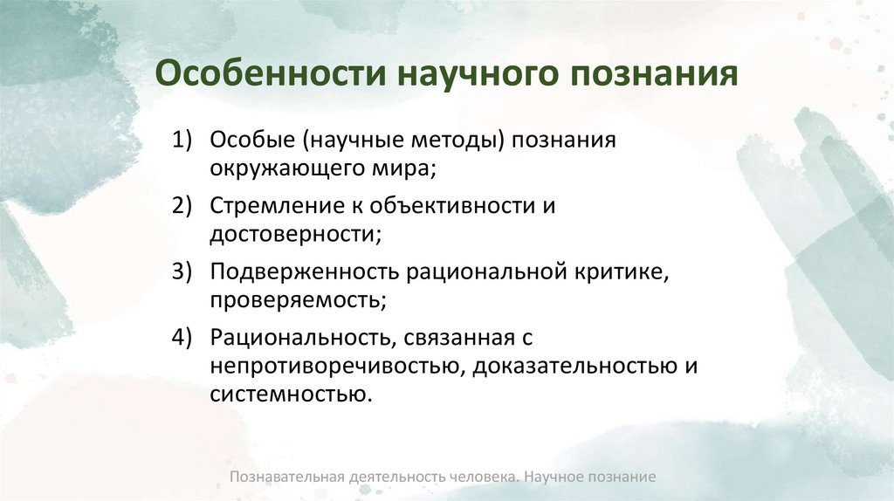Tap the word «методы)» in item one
pyautogui.click(x=460, y=141)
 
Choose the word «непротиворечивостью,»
pyautogui.click(x=337, y=366)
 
